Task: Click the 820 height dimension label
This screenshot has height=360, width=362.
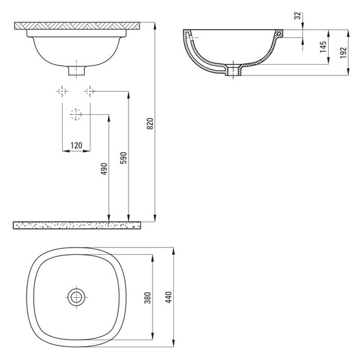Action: pos(150,124)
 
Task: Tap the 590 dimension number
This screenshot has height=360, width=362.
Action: pos(124,158)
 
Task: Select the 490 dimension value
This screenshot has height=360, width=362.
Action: pos(104,169)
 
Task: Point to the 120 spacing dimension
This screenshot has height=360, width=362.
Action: pos(77,146)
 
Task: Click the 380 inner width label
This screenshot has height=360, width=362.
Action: pos(148,298)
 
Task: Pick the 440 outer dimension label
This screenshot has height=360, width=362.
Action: pos(169,297)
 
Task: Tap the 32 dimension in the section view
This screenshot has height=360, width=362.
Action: pos(298,16)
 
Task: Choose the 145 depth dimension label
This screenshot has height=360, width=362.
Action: pos(323,47)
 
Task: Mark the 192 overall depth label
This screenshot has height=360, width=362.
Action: pos(343,53)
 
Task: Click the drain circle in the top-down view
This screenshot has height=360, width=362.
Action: pos(76,297)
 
